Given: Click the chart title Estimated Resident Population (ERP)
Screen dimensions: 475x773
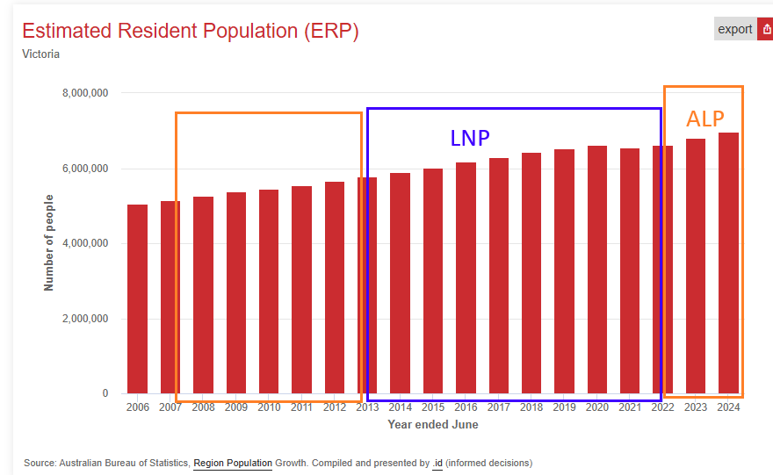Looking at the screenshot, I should [190, 31].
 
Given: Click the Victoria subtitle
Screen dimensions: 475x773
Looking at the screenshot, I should [40, 54].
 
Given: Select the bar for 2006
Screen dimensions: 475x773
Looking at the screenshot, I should [137, 299].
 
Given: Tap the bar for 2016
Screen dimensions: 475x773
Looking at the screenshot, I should [466, 277].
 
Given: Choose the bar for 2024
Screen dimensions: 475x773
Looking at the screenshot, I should [728, 263].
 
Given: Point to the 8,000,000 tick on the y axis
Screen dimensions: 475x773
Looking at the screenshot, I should [85, 93].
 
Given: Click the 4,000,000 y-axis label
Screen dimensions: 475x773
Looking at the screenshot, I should [85, 243].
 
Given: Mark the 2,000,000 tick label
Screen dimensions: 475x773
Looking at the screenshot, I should [85, 319].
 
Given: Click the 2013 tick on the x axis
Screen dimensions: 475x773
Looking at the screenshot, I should [367, 407].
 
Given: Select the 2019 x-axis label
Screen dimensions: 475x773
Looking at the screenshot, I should [564, 407].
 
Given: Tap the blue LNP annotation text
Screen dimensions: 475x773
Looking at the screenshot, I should [470, 138].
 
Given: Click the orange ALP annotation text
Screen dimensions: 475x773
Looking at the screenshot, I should [705, 119].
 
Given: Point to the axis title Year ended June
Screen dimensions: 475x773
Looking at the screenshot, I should [433, 425].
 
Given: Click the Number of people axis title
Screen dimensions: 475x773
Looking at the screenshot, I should [49, 242].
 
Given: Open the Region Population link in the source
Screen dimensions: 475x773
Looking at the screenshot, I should [233, 463].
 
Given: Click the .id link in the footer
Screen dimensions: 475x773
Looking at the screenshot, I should [437, 463].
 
